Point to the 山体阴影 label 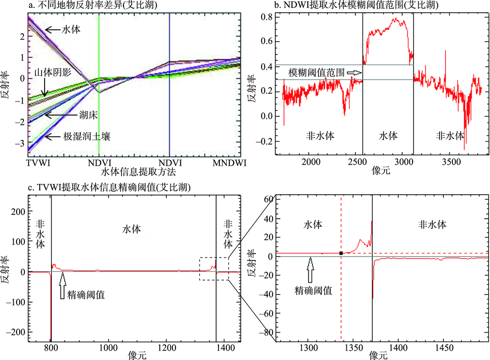53,73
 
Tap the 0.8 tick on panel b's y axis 267,17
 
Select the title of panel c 110,187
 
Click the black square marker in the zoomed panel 341,253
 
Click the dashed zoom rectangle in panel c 214,269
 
